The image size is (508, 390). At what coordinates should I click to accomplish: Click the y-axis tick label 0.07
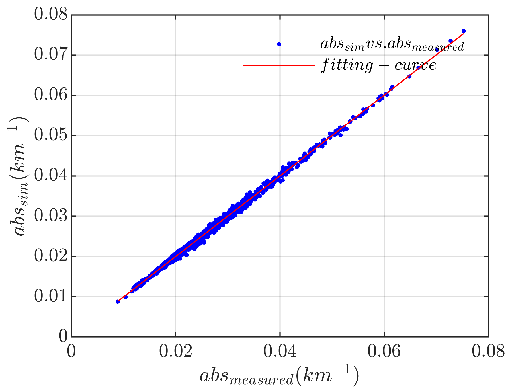coord(51,55)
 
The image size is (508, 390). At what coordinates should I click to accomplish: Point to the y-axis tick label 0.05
coord(51,136)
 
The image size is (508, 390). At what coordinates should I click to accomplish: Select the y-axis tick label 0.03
coord(51,216)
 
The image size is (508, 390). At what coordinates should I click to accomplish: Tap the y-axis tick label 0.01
coord(51,297)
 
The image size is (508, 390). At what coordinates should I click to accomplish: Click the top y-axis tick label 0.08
coord(51,15)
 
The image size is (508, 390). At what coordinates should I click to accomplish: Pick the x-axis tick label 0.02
coord(175,352)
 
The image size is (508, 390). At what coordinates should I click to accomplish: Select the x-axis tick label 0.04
coord(280,352)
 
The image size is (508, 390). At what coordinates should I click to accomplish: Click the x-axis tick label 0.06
coord(384,352)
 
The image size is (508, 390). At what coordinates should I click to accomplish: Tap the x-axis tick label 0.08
coord(488,352)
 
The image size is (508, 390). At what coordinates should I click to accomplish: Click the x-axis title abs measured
coord(279,376)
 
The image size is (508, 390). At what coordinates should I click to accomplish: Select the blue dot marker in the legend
coord(279,44)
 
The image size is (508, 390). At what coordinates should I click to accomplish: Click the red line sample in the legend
coord(279,65)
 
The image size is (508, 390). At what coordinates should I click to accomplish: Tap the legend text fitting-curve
coord(378,65)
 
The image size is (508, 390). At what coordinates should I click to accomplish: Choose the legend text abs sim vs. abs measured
coord(392,44)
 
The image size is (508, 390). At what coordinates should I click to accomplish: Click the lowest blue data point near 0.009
coord(118,301)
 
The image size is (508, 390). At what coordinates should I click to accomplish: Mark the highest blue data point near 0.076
coord(464,31)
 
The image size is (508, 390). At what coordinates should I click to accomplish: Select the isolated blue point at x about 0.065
coord(409,76)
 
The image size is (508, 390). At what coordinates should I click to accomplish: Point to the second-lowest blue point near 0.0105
coord(126,297)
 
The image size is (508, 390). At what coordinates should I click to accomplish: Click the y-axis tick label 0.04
coord(51,176)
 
